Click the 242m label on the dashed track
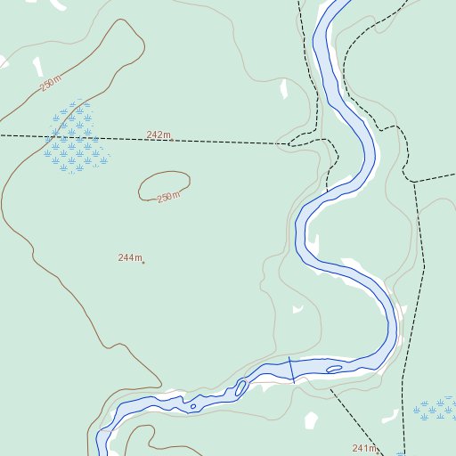(x=159, y=135)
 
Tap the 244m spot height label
(x=129, y=257)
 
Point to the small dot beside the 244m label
(x=143, y=262)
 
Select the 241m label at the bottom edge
(x=364, y=447)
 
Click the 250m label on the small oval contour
(x=168, y=197)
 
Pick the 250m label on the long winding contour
(x=51, y=85)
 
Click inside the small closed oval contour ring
(x=164, y=184)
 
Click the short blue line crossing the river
(x=291, y=369)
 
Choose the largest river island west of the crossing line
(x=240, y=388)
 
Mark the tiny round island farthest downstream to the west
(x=193, y=407)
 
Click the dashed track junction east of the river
(x=414, y=182)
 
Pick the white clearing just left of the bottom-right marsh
(x=391, y=415)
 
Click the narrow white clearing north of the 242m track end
(x=283, y=89)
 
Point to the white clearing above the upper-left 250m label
(x=37, y=67)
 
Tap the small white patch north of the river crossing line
(x=298, y=310)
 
